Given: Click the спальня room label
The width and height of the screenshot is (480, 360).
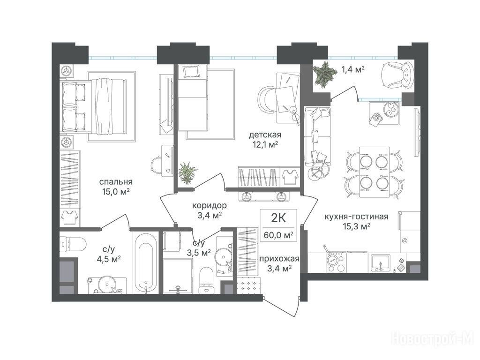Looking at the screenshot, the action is pos(116,181).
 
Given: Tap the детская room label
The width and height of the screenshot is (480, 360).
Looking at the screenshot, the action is pos(265,135).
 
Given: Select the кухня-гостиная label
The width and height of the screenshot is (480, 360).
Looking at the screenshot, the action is pos(356,217).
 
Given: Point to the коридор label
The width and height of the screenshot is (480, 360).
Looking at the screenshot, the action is pos(210,205).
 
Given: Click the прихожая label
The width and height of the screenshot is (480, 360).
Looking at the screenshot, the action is pos(279,259).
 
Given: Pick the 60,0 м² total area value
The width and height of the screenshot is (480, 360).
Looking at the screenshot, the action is pos(278,235).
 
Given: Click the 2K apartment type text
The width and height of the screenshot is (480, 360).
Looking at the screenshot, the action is pos(278,218).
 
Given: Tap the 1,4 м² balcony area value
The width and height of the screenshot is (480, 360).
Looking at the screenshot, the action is pos(352,69).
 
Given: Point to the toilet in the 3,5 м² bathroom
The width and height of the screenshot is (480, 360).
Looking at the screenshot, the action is pos(206,280).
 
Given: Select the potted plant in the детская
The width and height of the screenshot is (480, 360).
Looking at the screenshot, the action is pos(187,173).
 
